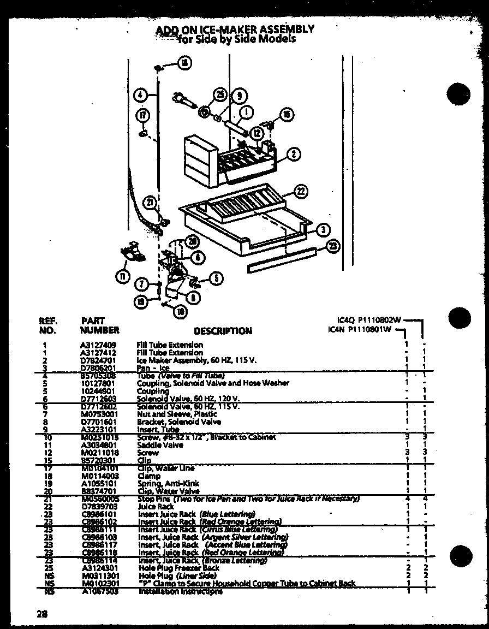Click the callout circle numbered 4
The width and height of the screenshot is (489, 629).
pos(140,94)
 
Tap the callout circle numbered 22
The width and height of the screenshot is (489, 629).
pos(301,191)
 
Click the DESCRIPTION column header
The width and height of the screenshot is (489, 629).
pos(223,331)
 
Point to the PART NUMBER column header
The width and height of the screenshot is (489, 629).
pos(99,325)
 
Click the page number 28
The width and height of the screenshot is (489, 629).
pos(43,613)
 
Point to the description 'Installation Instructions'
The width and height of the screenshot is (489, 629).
pos(180,591)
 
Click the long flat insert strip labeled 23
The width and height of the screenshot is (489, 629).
pos(281,258)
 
